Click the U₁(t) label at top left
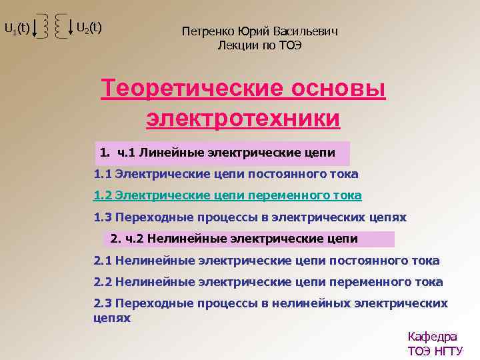(x=17, y=28)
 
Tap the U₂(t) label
(x=89, y=27)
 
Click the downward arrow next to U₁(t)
(x=35, y=29)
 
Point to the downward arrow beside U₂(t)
(x=71, y=29)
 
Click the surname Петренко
(x=204, y=31)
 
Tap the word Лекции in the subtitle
(x=238, y=45)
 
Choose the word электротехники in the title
(x=243, y=118)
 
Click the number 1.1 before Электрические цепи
(x=103, y=174)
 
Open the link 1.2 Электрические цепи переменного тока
(x=227, y=195)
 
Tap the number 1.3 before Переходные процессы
(x=103, y=217)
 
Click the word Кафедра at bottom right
(x=432, y=337)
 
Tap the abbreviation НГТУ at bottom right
(x=447, y=351)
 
